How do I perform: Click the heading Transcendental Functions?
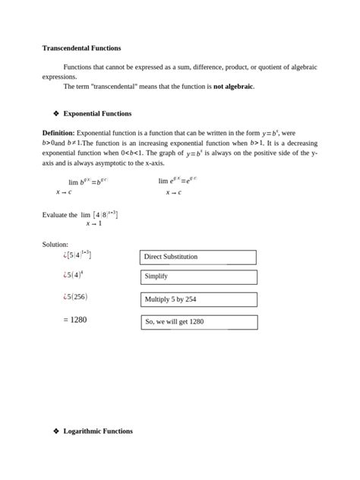point(81,48)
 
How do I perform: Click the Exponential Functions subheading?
point(97,113)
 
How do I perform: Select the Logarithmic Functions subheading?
point(98,431)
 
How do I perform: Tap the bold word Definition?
point(58,132)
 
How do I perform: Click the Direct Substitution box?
point(197,257)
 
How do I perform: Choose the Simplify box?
point(197,277)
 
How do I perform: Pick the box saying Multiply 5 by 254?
point(197,299)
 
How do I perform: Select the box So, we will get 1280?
point(197,322)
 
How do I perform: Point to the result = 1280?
point(75,320)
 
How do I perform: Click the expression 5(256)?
point(75,297)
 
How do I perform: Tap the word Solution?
point(55,244)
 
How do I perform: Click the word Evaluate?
point(55,215)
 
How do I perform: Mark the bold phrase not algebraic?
point(233,87)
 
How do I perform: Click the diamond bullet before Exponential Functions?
point(55,113)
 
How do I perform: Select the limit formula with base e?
point(177,182)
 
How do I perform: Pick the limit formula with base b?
point(85,183)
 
